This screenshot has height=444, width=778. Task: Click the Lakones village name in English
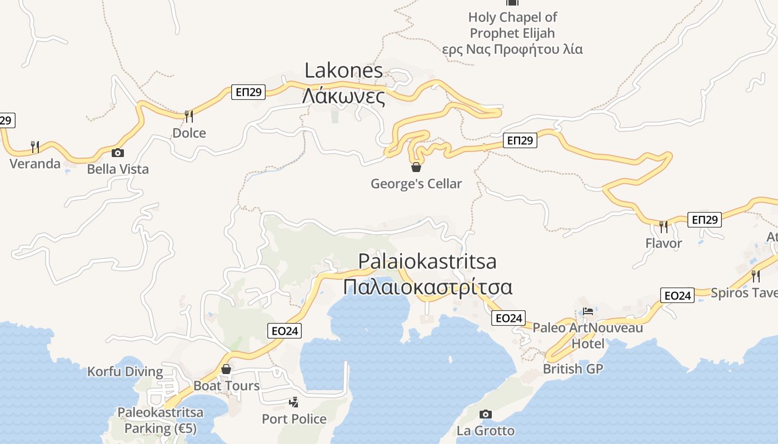tap(344, 70)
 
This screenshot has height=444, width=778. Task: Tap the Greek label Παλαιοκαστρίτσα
tap(427, 287)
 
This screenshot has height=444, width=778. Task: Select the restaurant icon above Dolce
tap(189, 116)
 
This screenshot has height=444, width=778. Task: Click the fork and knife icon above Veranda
tap(34, 147)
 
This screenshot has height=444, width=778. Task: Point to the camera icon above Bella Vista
tap(118, 153)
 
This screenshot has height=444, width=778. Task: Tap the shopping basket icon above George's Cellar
tap(416, 167)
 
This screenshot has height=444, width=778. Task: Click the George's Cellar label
tap(416, 184)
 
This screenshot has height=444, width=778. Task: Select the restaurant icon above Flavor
tap(664, 226)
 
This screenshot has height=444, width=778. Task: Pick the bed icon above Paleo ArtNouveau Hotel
tap(588, 311)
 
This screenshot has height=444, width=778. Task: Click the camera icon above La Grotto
tap(486, 414)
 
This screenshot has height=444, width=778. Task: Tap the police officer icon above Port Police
tap(294, 402)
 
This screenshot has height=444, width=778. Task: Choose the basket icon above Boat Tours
tap(226, 369)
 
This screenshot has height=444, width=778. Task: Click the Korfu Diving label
tap(125, 371)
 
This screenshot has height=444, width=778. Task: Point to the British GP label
tap(572, 369)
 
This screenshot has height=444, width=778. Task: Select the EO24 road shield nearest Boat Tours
tap(285, 331)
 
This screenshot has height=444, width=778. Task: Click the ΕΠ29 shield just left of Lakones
tap(248, 92)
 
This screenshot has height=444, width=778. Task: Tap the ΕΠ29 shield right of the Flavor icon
tap(705, 220)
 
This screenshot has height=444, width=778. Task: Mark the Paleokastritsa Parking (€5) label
tap(160, 421)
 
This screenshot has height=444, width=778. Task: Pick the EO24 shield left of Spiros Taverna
tap(677, 295)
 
